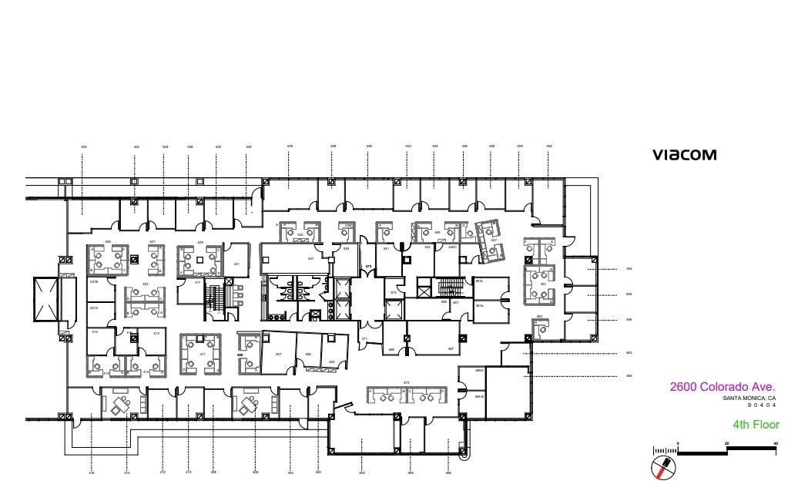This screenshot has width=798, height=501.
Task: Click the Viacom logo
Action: click(x=684, y=155)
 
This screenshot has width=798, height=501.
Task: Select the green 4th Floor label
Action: click(x=756, y=425)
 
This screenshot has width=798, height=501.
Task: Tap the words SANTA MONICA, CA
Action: click(x=749, y=398)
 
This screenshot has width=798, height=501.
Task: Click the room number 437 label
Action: click(x=311, y=259)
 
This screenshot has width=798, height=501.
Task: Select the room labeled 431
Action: click(x=236, y=264)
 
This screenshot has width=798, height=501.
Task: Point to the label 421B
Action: click(x=94, y=282)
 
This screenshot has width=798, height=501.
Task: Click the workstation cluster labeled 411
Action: click(x=202, y=353)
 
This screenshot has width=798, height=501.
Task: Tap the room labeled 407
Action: click(x=278, y=354)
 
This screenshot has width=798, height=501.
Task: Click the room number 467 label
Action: click(x=451, y=348)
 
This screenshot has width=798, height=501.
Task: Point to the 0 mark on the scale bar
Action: click(x=678, y=443)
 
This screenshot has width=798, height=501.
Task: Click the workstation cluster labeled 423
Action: click(x=146, y=300)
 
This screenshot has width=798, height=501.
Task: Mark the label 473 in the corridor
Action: click(x=368, y=267)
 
